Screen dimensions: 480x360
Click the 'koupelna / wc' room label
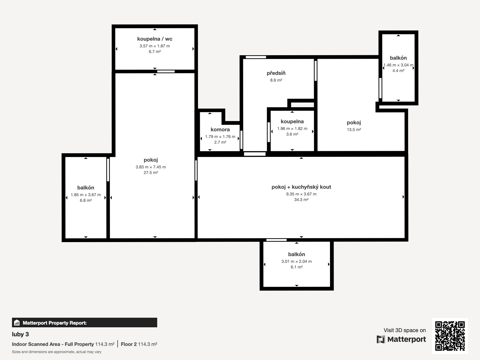[x=154, y=39]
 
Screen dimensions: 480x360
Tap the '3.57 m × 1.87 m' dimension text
[x=154, y=46]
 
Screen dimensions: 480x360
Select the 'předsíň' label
[x=276, y=73]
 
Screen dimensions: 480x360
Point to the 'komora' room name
[x=220, y=129]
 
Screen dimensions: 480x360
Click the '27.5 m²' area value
[x=151, y=172]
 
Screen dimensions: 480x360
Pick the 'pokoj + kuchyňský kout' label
[x=301, y=187]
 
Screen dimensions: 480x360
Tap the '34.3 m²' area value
[x=301, y=199]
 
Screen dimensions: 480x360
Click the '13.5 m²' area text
[x=354, y=129]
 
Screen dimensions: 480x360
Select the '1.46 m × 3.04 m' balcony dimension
[x=398, y=65]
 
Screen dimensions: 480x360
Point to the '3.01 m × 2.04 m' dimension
[x=296, y=261]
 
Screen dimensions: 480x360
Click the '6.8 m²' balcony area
[x=85, y=200]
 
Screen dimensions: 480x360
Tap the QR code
[x=450, y=336]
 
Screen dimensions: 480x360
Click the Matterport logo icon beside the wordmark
[x=381, y=339]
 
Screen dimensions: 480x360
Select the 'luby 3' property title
[x=20, y=334]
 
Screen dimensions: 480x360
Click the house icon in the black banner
[x=17, y=322]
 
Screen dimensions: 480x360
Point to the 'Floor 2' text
[x=129, y=344]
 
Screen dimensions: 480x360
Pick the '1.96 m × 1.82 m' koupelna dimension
[x=292, y=128]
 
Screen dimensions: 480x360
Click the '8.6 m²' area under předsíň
[x=276, y=80]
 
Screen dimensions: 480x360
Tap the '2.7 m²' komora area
[x=220, y=142]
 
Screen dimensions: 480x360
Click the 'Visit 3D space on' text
[x=405, y=330]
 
